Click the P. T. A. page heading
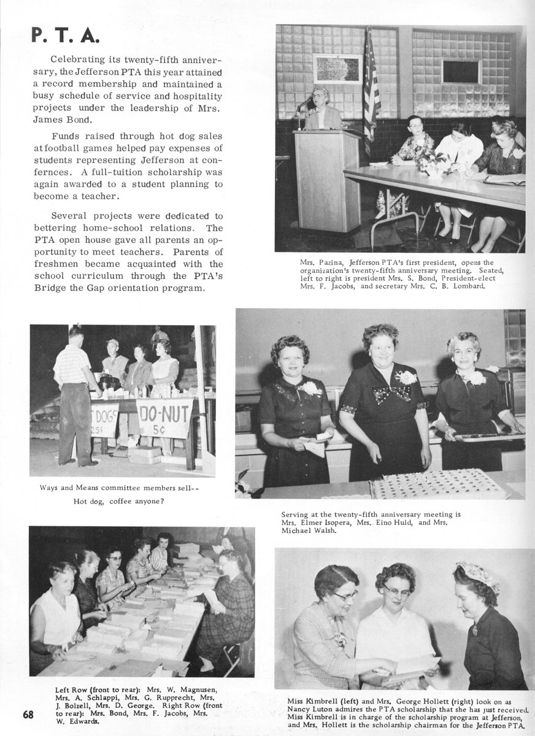point(64,35)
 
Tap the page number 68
point(28,715)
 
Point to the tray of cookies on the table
point(438,484)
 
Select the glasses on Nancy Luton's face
point(397,591)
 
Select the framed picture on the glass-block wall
point(337,69)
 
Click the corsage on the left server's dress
point(312,388)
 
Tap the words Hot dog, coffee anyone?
point(123,501)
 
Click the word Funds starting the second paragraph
point(66,136)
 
